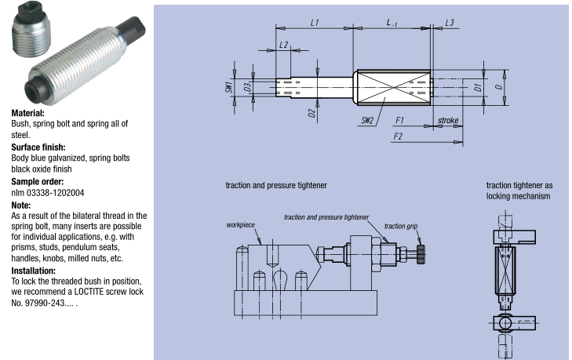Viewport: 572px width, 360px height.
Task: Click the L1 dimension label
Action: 314,24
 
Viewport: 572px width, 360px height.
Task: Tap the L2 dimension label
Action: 283,45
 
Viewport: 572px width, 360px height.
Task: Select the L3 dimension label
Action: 449,24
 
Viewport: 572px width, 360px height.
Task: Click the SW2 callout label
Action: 366,122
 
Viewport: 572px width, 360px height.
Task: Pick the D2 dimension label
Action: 312,115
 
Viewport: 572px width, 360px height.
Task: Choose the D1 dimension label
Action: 479,85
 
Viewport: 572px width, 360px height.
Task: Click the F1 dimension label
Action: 399,121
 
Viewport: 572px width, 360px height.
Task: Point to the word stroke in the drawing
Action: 448,120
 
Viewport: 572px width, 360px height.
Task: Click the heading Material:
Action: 27,113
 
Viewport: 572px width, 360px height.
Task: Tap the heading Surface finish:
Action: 38,147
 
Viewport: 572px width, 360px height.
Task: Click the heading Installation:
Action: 34,271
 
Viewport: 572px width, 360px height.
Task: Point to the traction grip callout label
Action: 406,226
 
